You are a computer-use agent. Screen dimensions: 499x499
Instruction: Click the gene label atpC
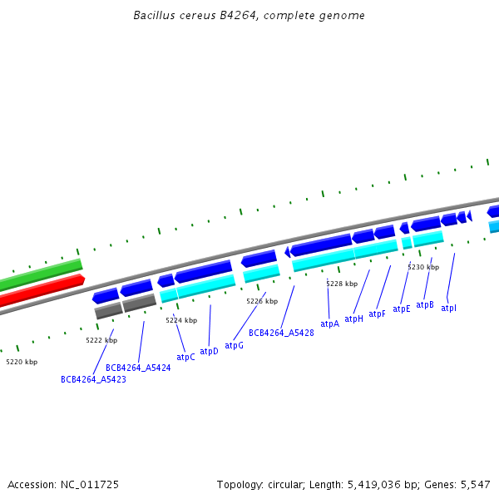pos(185,357)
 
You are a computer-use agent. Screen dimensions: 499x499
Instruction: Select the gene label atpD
pos(209,351)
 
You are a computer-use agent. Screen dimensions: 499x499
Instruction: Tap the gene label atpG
pos(234,345)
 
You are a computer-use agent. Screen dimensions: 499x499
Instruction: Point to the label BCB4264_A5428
pos(281,333)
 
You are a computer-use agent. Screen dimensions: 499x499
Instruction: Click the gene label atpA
pos(329,324)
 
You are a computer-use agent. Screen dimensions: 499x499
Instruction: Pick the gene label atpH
pos(353,319)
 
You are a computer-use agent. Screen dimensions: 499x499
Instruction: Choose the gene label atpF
pos(377,314)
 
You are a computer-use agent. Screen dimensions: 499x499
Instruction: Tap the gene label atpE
pos(402,309)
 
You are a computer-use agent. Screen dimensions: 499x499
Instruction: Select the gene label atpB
pos(425,304)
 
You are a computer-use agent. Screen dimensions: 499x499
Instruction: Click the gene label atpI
pos(448,308)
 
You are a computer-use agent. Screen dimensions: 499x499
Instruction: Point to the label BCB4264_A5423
pos(93,379)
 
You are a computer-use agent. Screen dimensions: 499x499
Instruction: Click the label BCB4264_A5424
pos(138,367)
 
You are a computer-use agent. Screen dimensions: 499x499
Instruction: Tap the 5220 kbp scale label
pos(22,362)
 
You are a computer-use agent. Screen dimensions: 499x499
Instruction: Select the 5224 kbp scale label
pos(181,320)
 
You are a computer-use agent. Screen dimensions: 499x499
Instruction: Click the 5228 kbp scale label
pos(342,284)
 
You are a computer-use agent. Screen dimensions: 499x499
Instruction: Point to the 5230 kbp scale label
pos(423,267)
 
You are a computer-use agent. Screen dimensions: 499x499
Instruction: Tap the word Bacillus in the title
pos(154,16)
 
